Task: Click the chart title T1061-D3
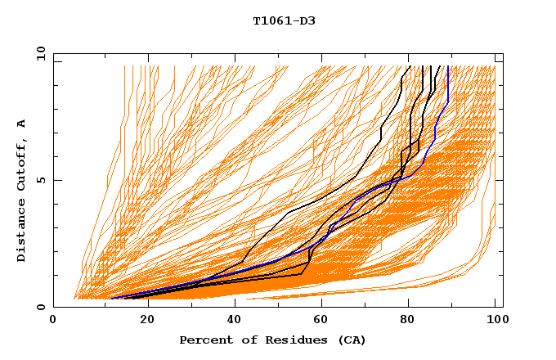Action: coord(284,21)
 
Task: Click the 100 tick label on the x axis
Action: coord(495,320)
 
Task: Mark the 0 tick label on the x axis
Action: coord(53,320)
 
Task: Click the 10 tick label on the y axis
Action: coord(39,54)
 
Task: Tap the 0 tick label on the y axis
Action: coord(43,307)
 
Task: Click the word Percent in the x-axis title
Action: coord(204,340)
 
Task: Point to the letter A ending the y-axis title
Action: coord(22,123)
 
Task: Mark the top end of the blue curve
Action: coord(447,56)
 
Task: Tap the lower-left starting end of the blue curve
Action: coord(112,298)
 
